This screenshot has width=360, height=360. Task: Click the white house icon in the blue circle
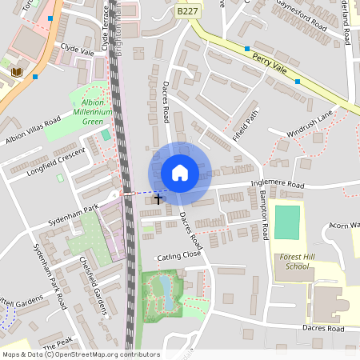tap(180, 173)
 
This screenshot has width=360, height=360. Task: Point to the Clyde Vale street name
tap(77, 50)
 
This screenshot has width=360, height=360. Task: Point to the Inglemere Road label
tap(278, 185)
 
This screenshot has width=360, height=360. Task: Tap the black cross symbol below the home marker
tap(158, 198)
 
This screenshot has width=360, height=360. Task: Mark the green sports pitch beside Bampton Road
tap(287, 222)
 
